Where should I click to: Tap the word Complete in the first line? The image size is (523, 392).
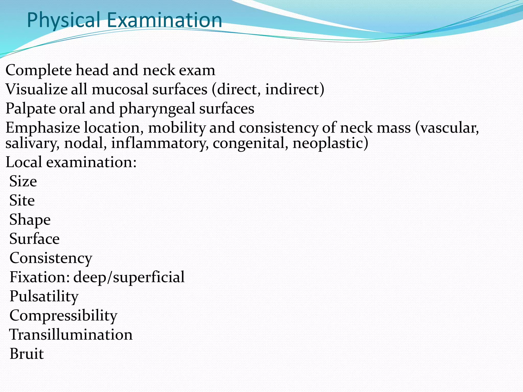[39, 70]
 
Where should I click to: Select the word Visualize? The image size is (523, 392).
[36, 89]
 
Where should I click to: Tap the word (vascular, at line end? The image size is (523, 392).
[447, 128]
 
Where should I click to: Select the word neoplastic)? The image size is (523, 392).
[330, 143]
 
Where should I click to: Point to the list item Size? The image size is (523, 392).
[23, 181]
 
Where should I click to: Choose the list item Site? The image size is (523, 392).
[22, 201]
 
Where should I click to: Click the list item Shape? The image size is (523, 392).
[30, 220]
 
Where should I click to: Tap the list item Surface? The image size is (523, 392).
[34, 239]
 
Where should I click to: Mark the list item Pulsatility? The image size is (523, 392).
[44, 297]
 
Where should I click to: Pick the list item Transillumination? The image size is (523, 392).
[71, 335]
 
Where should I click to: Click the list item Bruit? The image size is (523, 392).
[27, 354]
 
